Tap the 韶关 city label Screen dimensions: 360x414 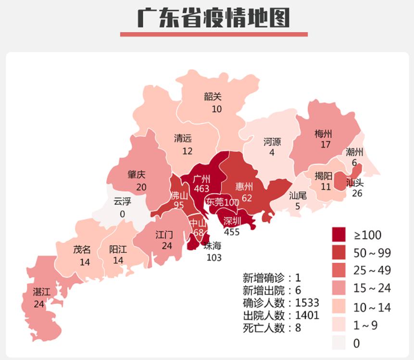pos(213,97)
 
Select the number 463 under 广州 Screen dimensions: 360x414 pos(201,189)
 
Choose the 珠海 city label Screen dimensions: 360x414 pos(213,246)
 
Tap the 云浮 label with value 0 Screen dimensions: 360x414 pos(122,202)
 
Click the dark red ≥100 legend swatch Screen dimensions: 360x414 pos(339,235)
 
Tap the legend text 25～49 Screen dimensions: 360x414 pos(373,271)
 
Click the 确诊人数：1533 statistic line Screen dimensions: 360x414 pos(281,303)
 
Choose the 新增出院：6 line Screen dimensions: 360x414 pos(272,290)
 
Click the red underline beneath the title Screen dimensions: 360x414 pos(213,35)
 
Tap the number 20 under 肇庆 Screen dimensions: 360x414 pos(141,187)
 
